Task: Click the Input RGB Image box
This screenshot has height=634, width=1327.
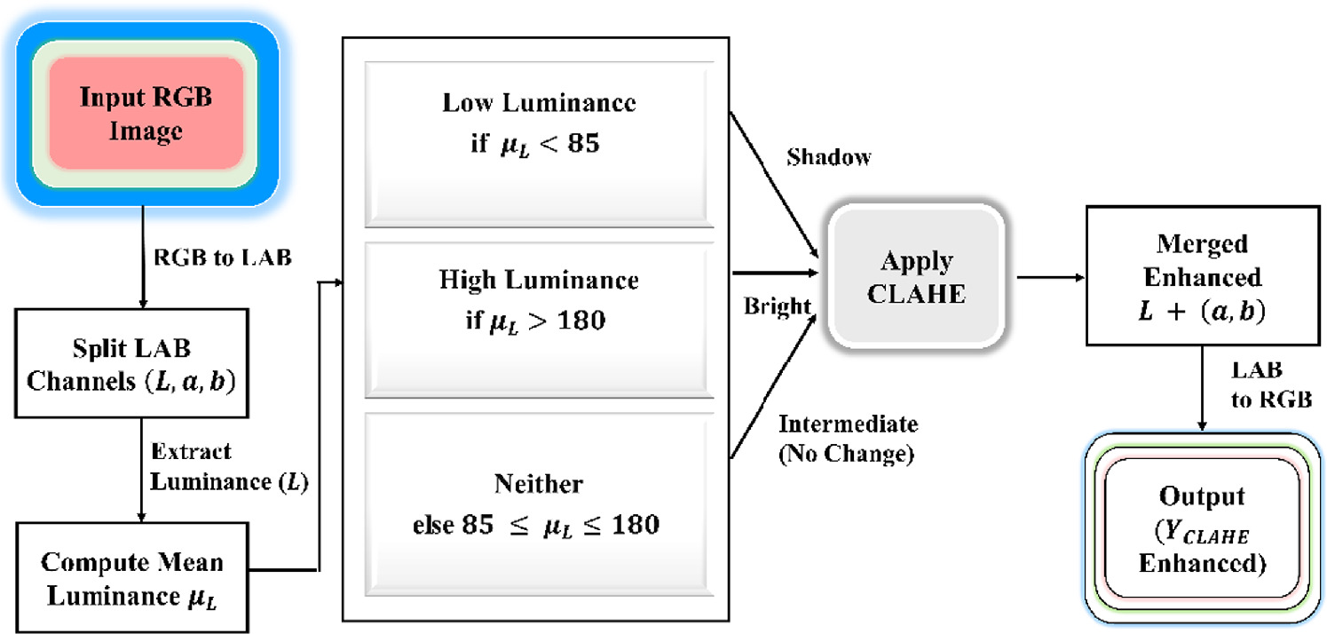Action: [146, 113]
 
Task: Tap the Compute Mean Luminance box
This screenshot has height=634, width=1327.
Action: [132, 578]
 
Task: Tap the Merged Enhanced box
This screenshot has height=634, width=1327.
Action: [1203, 276]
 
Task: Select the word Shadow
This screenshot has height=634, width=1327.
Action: [829, 157]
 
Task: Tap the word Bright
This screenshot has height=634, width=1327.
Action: [778, 306]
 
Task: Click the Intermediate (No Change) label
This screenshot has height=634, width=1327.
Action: [847, 439]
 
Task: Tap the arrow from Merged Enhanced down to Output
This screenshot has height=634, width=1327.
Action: [1203, 387]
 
